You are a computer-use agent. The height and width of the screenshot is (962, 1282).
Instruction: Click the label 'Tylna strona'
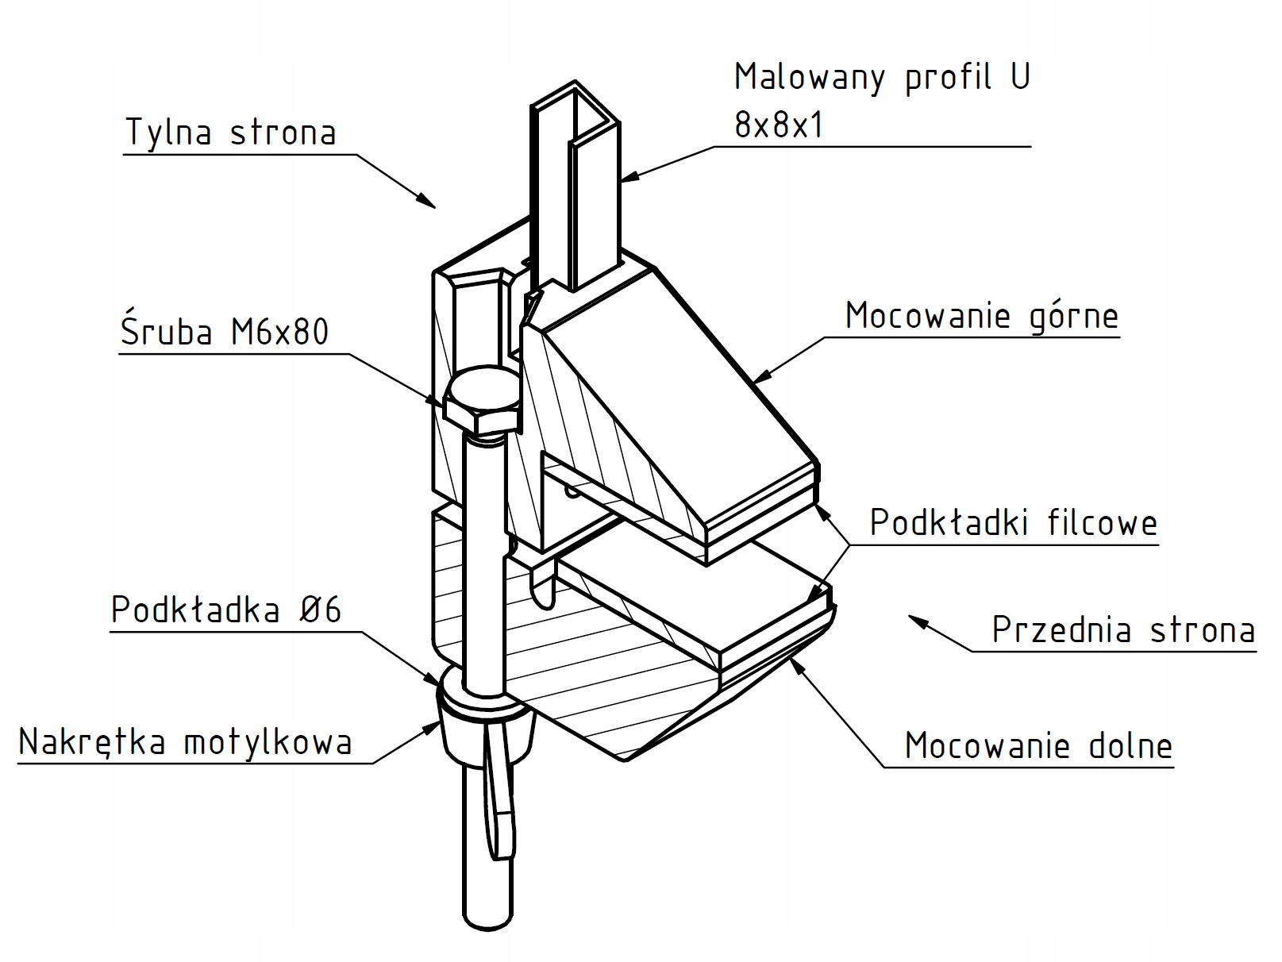point(230,133)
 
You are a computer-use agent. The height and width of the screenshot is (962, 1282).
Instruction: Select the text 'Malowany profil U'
point(882,78)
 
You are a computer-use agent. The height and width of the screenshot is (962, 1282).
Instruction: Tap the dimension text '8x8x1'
point(779,125)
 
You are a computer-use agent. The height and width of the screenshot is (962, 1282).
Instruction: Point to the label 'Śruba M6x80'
point(225,332)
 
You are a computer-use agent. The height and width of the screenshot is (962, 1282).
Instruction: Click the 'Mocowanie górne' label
point(981,316)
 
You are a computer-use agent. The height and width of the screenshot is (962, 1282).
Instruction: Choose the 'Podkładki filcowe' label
point(1013,523)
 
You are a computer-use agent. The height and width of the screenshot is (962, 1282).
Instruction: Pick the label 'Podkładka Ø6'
point(226,610)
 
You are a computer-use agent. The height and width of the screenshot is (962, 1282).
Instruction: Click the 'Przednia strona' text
point(1123,630)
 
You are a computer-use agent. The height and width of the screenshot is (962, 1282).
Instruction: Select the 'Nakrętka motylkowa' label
point(185,742)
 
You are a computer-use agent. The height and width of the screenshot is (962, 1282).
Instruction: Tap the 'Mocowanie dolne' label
point(1038,746)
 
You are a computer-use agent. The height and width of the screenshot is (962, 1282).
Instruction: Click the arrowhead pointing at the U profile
point(628,177)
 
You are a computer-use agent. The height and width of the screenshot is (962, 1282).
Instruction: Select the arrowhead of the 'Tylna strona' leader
point(429,202)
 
